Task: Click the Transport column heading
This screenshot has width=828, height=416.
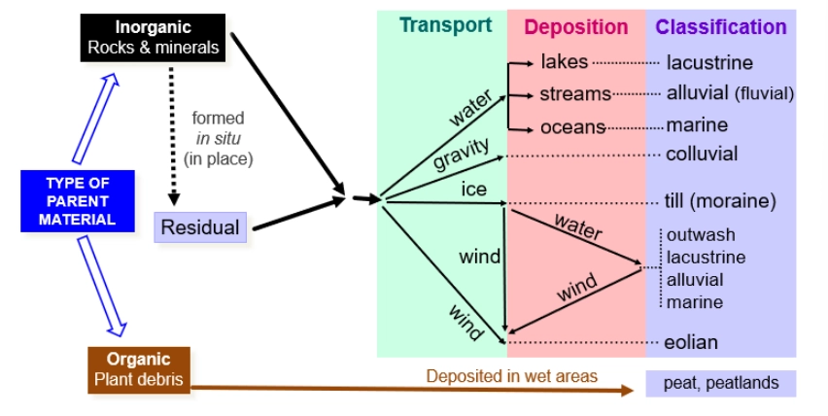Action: (445, 26)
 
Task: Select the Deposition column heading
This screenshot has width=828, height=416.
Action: (576, 27)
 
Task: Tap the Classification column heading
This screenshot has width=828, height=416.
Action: (720, 27)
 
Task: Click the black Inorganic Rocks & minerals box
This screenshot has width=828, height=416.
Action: (153, 36)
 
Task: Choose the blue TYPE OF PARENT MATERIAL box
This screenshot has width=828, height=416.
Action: (77, 201)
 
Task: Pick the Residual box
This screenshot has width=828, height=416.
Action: (200, 227)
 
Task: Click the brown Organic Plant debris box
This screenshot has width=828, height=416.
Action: (138, 369)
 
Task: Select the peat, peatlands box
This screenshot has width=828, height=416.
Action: (720, 383)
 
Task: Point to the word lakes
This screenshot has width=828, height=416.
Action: (565, 62)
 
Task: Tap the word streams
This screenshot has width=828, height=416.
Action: (575, 94)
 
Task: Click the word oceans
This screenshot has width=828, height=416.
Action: (573, 126)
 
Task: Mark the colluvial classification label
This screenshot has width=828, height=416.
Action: (702, 154)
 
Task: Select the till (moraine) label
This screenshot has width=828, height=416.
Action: (721, 202)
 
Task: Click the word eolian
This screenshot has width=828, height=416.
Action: (692, 342)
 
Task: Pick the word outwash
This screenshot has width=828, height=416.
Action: (701, 235)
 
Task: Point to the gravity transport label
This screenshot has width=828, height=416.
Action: (461, 156)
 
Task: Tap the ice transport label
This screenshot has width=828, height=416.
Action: (473, 189)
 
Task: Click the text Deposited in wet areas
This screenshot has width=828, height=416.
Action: (511, 375)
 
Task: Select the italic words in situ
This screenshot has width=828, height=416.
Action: (218, 139)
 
